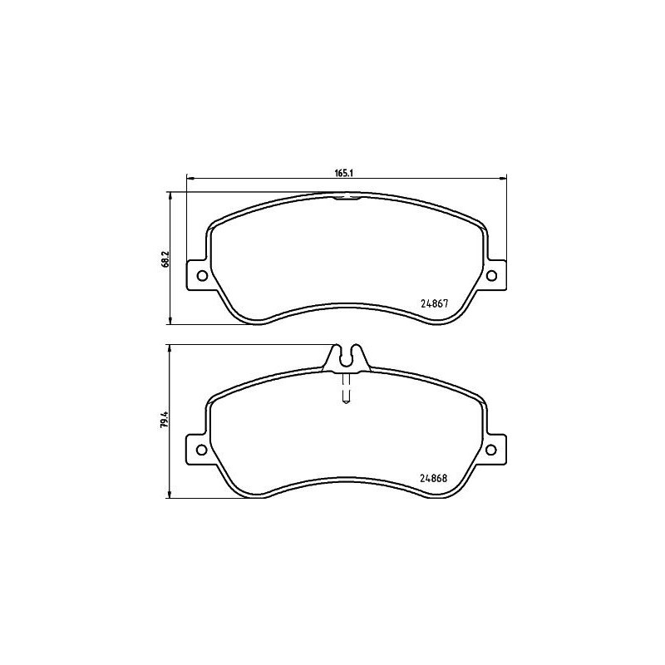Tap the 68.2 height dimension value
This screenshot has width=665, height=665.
click(x=166, y=259)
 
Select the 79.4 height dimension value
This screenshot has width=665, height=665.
click(x=166, y=422)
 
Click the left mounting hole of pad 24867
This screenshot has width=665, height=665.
click(x=200, y=277)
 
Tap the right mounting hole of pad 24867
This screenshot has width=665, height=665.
click(x=490, y=277)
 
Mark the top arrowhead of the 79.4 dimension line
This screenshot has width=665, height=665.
click(x=171, y=351)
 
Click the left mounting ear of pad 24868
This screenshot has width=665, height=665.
click(x=198, y=450)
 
